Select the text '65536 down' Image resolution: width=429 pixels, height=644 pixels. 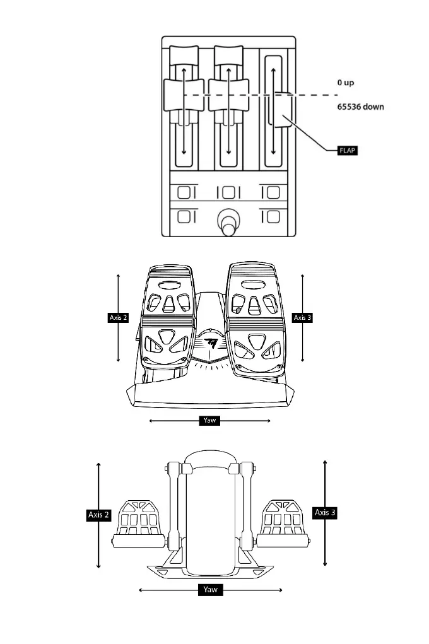tap(360, 107)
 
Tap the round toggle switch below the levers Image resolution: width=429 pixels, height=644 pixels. tap(227, 223)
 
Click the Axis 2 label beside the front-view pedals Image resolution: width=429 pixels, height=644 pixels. tap(119, 317)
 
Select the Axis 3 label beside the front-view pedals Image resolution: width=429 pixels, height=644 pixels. tap(302, 317)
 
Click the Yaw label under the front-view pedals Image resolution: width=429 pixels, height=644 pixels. tap(210, 420)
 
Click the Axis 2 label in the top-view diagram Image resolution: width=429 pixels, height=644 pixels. tap(98, 515)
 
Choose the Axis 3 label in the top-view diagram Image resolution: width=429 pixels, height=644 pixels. tap(325, 513)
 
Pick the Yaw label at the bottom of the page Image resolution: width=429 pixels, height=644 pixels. tap(210, 590)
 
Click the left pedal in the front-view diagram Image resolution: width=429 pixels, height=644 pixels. tap(167, 315)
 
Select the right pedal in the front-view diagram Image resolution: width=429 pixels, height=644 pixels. tap(254, 315)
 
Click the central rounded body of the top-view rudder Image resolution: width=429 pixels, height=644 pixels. tap(210, 517)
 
